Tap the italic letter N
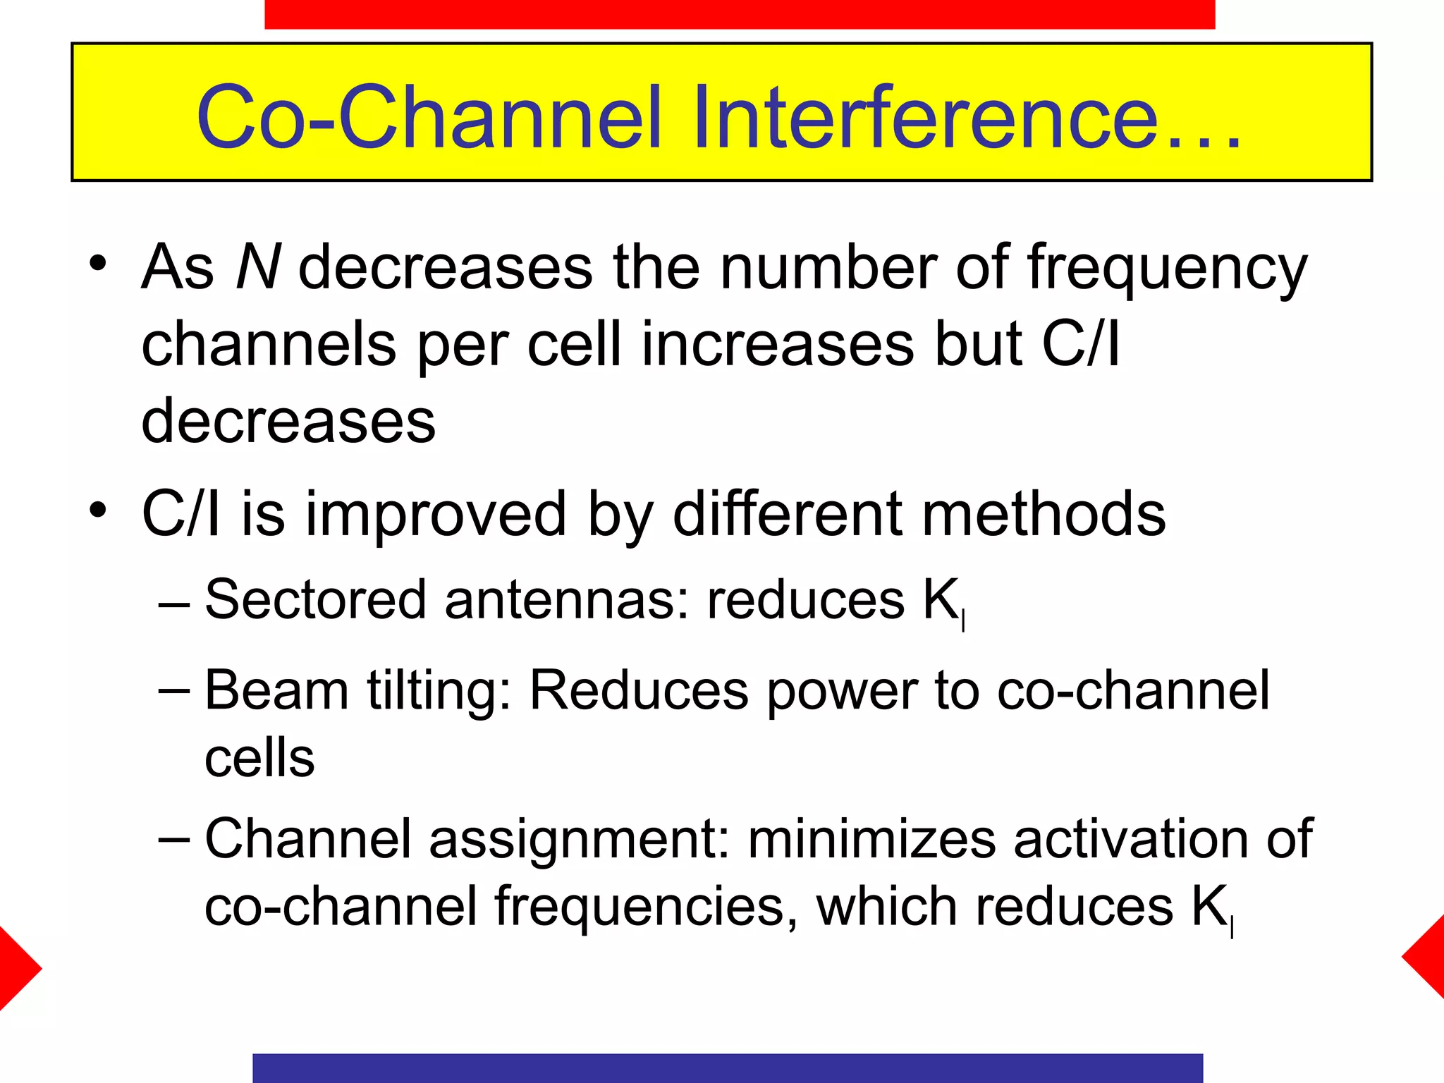point(258,267)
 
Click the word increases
point(777,344)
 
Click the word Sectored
point(315,599)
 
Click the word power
point(842,691)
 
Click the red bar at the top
point(739,14)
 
